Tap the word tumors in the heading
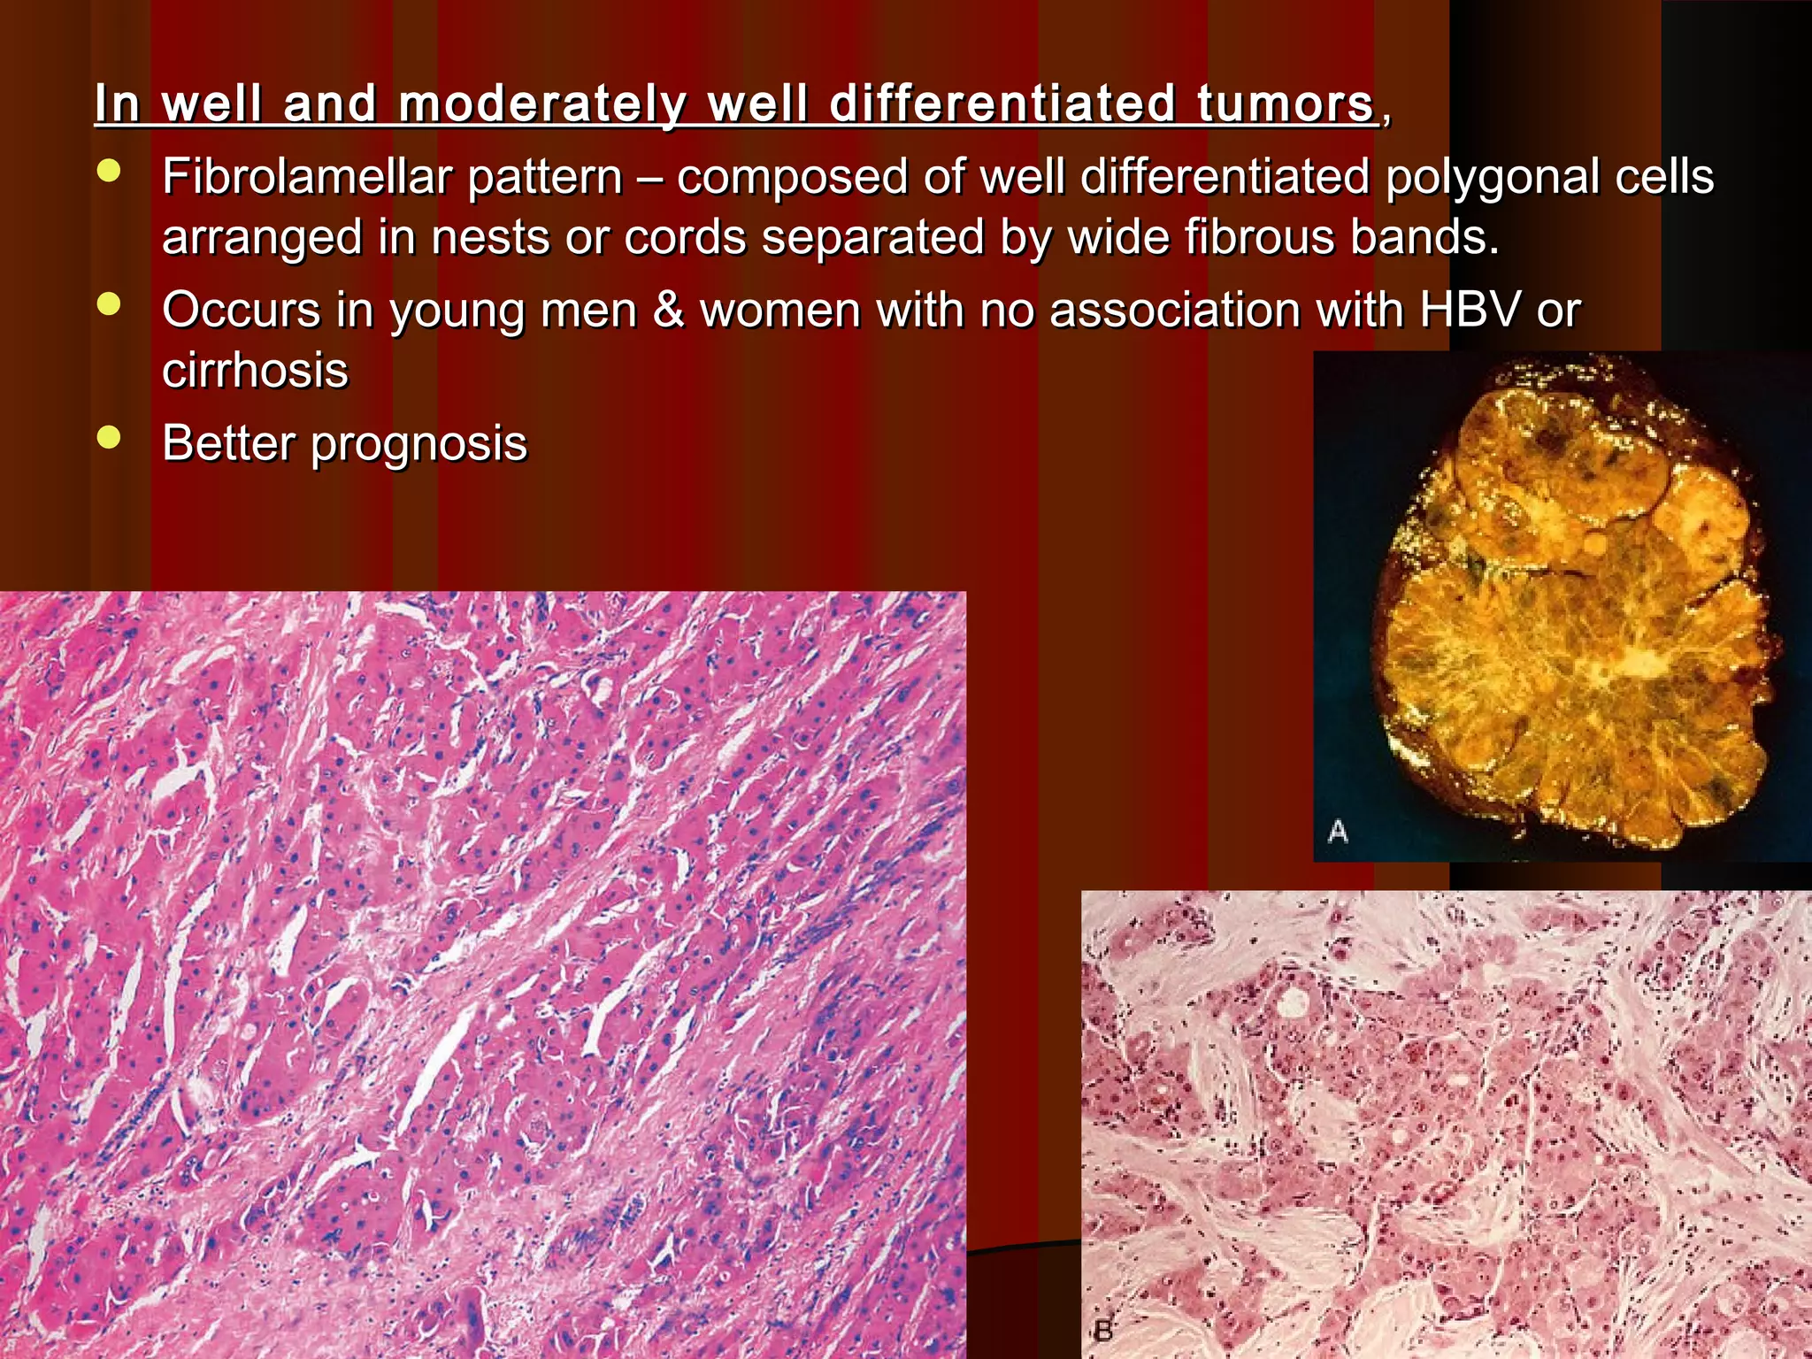point(1286,104)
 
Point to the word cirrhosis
point(255,371)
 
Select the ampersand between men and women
point(669,311)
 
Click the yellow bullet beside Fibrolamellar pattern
point(109,173)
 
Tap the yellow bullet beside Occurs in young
point(109,305)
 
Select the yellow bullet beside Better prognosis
point(109,438)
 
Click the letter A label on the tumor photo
point(1338,831)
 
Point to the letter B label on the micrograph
point(1103,1330)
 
